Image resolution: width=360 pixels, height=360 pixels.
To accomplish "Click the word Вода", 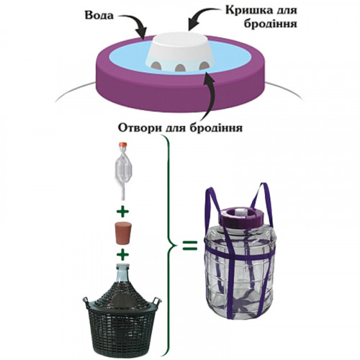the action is click(x=99, y=15).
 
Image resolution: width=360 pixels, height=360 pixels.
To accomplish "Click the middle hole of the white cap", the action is click(x=180, y=68).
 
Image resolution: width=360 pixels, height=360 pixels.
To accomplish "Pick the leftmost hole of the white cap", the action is click(x=157, y=64).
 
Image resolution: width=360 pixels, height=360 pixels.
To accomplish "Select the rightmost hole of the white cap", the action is click(x=204, y=65).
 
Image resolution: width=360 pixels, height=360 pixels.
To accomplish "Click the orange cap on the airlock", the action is click(x=122, y=145).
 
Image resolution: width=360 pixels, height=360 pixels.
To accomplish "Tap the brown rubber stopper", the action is click(x=122, y=233).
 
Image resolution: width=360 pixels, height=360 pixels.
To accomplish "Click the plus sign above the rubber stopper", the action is click(x=122, y=212).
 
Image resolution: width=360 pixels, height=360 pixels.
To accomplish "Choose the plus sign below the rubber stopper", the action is click(x=122, y=254).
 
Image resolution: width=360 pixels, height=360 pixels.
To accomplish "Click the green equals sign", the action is click(x=190, y=245).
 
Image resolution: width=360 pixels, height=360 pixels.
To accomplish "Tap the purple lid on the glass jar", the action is click(x=242, y=215).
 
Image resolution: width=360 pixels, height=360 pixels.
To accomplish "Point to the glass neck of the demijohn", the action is click(x=122, y=271).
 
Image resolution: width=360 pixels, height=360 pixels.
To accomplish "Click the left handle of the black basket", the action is click(x=86, y=301).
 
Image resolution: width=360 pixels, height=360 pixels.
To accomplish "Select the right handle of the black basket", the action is click(x=157, y=302).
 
